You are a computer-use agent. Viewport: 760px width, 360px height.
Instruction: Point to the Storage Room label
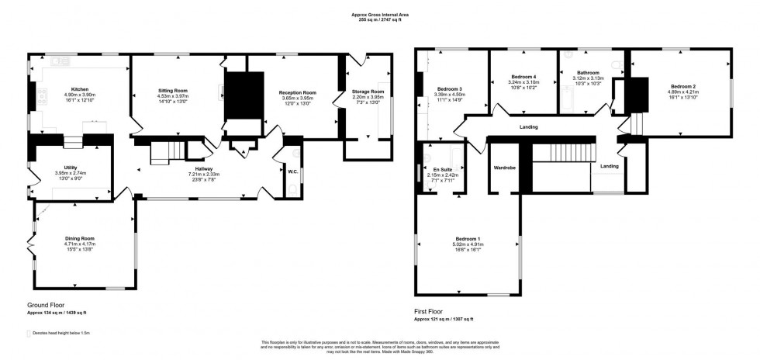368,90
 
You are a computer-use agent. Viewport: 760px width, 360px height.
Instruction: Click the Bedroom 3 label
449,88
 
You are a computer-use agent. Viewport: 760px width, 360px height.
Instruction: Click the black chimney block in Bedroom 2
637,95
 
